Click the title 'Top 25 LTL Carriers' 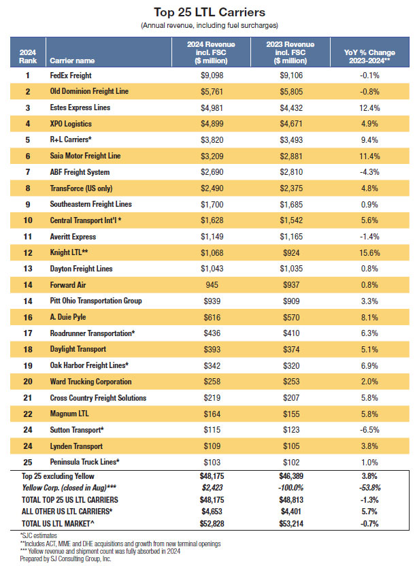point(210,12)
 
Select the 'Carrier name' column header point(72,61)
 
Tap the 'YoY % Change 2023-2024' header point(369,56)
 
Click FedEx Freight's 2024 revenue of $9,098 point(212,76)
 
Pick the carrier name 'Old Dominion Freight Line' point(89,91)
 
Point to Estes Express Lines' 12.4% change point(369,108)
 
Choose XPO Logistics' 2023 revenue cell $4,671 point(291,124)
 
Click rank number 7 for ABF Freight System point(28,172)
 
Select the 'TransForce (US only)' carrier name point(81,188)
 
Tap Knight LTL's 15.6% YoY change point(369,252)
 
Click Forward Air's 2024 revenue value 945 point(212,285)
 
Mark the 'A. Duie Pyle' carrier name point(68,317)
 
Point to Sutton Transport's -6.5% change point(369,430)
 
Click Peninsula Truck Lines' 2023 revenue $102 point(291,462)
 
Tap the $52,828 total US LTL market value point(212,523)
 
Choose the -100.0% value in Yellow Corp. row point(291,488)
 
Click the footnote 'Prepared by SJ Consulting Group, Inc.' point(65,559)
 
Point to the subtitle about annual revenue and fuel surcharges point(210,25)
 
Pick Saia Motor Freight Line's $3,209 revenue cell point(212,156)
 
